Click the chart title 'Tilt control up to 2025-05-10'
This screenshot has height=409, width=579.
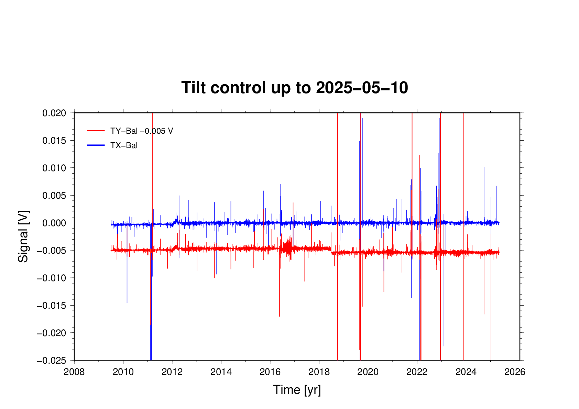coord(295,88)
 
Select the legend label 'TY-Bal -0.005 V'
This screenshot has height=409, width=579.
coord(142,131)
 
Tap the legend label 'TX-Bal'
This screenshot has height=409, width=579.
coord(124,145)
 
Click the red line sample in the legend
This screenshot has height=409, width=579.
coord(96,131)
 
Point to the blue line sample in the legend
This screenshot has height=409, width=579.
coord(96,145)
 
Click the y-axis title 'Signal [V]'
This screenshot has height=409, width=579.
coord(23,236)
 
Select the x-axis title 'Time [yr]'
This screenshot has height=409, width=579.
coord(297,390)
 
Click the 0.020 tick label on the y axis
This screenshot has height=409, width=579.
coord(54,113)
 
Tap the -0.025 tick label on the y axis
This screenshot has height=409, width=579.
coord(52,361)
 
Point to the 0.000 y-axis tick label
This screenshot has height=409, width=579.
coord(54,223)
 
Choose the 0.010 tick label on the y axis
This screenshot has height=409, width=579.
coord(54,168)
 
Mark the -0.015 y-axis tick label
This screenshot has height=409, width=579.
coord(52,306)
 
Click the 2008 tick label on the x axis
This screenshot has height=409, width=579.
coord(74,372)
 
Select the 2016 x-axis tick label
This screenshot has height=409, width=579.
coord(270,372)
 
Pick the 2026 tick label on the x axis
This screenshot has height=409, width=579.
coord(515,372)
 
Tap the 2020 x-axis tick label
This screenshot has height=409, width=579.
coord(368,372)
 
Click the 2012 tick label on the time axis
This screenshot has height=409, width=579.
coord(172,372)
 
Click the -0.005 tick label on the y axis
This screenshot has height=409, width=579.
coord(52,250)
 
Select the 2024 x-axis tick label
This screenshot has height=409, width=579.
coord(466,372)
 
